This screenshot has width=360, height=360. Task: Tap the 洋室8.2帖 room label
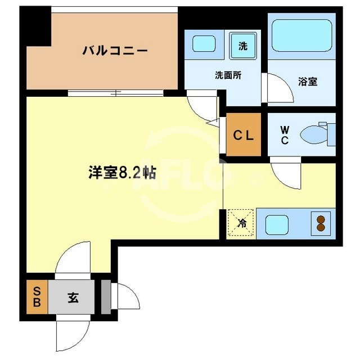coord(121,173)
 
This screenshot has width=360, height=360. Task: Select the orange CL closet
coord(244,135)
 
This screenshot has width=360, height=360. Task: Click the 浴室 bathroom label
coord(308,82)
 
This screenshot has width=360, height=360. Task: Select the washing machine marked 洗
coord(242,46)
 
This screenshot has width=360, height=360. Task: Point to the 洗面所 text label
coord(228,75)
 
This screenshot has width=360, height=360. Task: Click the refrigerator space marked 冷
coord(242,223)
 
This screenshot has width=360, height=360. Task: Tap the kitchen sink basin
coord(277,224)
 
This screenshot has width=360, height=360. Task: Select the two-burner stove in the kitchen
coord(321,224)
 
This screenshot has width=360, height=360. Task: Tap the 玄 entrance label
coord(73,298)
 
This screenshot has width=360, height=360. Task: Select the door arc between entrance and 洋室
coord(71,262)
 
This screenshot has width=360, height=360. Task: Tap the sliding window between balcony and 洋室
coord(115,93)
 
